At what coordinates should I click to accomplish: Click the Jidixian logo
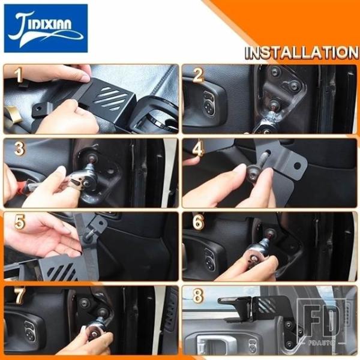click(x=46, y=28)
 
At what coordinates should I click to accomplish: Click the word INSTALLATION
click(x=301, y=53)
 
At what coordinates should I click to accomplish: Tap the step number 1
click(x=19, y=76)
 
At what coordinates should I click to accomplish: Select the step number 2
click(x=198, y=75)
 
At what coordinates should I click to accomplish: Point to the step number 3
click(x=19, y=148)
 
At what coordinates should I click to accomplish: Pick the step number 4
click(x=198, y=148)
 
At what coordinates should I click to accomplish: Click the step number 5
click(x=20, y=222)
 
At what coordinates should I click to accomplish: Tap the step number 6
click(x=199, y=222)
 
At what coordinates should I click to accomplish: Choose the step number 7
click(x=20, y=296)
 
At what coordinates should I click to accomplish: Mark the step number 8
click(x=198, y=296)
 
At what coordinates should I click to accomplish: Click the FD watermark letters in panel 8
click(x=321, y=320)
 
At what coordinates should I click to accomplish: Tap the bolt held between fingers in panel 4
click(x=253, y=173)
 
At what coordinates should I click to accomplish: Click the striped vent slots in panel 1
click(x=110, y=98)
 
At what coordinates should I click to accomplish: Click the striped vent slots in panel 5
click(x=62, y=271)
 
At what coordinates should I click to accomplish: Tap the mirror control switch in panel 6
click(x=210, y=258)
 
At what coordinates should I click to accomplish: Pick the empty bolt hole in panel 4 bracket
click(x=298, y=166)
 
